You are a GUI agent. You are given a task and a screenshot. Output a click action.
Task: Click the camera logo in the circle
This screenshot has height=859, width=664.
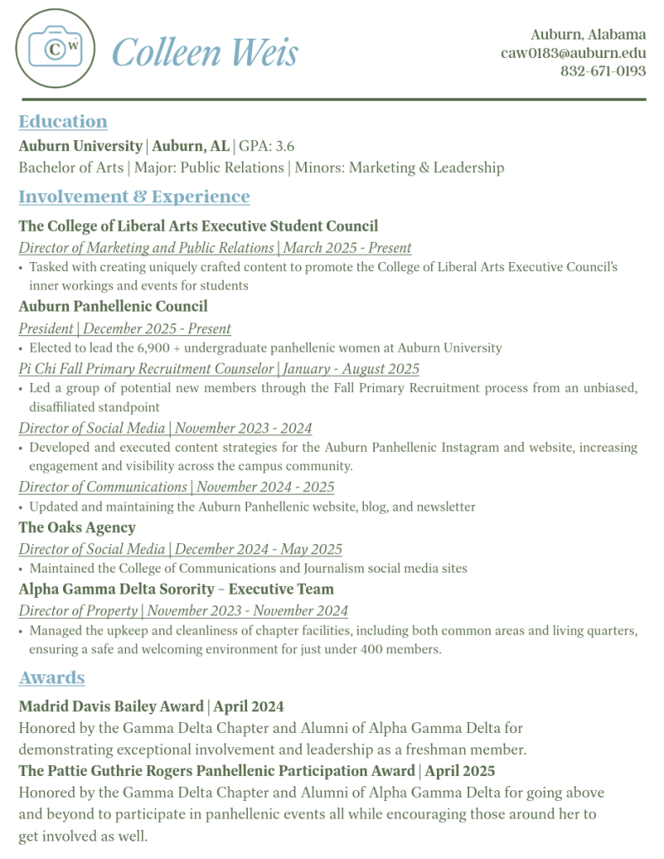tap(55, 48)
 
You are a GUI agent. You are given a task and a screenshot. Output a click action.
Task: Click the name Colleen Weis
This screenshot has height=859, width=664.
tap(204, 53)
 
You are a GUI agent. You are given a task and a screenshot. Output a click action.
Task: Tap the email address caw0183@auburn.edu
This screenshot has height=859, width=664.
tap(573, 53)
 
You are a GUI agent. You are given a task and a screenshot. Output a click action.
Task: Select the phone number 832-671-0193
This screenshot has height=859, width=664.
tap(603, 71)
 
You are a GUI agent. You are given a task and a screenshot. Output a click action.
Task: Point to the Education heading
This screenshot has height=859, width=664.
tap(63, 122)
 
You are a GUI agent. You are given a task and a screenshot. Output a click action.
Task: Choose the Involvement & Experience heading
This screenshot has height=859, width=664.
tap(134, 196)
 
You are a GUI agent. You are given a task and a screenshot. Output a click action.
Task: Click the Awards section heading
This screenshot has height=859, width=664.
tap(52, 678)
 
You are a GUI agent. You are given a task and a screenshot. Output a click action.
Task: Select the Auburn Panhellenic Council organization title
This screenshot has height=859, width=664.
tap(113, 306)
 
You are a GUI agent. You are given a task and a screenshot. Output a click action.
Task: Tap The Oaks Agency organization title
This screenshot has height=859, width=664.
tap(77, 528)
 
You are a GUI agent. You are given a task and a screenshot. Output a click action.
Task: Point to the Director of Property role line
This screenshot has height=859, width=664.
tap(183, 611)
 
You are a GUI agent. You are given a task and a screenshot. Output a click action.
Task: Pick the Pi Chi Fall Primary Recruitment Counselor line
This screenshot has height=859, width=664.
tap(219, 369)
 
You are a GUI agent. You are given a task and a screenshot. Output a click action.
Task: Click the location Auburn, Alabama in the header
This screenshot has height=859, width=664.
tap(588, 34)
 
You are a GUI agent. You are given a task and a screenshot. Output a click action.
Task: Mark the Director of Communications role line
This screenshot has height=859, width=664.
tap(177, 488)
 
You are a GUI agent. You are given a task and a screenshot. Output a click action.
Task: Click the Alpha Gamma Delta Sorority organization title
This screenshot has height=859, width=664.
tap(176, 589)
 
